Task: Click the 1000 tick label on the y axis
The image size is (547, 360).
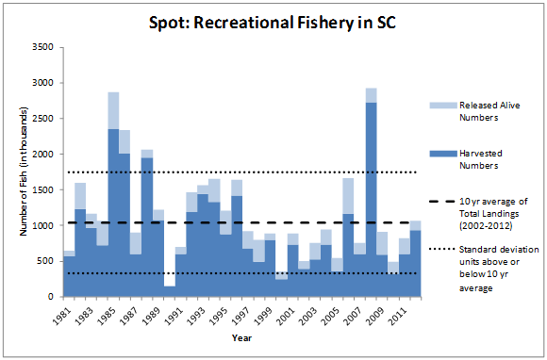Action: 41,225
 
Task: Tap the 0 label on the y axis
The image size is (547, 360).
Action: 50,297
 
